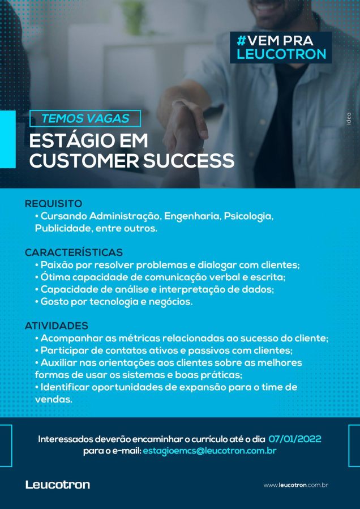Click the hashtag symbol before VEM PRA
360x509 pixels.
click(241, 41)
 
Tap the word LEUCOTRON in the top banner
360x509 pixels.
click(281, 54)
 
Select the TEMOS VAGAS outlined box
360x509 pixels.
click(85, 118)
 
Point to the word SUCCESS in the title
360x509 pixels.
click(188, 161)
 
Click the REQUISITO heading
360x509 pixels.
click(54, 204)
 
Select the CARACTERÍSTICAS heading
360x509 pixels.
click(74, 252)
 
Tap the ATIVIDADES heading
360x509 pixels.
click(57, 326)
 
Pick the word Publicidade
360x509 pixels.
click(60, 229)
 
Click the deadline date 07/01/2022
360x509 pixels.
click(295, 439)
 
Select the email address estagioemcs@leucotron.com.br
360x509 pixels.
click(209, 451)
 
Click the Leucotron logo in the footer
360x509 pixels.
click(58, 485)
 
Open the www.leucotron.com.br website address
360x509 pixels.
click(295, 485)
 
